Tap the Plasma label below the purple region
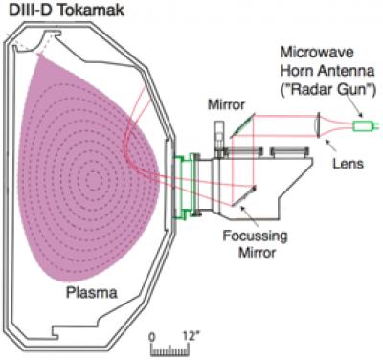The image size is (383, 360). point(92,292)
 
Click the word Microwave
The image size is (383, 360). point(317,52)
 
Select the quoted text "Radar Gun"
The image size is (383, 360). point(327,89)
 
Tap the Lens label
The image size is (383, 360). point(349,164)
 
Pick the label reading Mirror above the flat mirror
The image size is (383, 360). point(226,104)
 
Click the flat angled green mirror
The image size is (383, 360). point(242,124)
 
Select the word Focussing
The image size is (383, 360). point(255,236)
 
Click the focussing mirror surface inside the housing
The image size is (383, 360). point(243,197)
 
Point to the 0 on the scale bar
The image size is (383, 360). point(152,337)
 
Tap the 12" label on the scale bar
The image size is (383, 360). point(191,336)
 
